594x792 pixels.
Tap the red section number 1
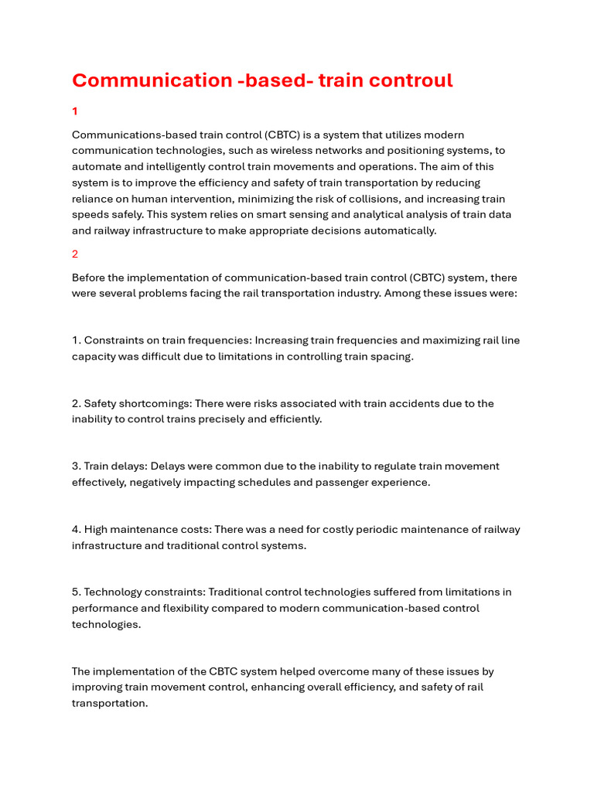click(75, 111)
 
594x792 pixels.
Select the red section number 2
click(75, 254)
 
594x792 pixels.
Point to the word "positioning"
click(418, 151)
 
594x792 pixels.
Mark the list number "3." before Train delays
click(77, 466)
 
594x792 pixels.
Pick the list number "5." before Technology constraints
click(77, 592)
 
